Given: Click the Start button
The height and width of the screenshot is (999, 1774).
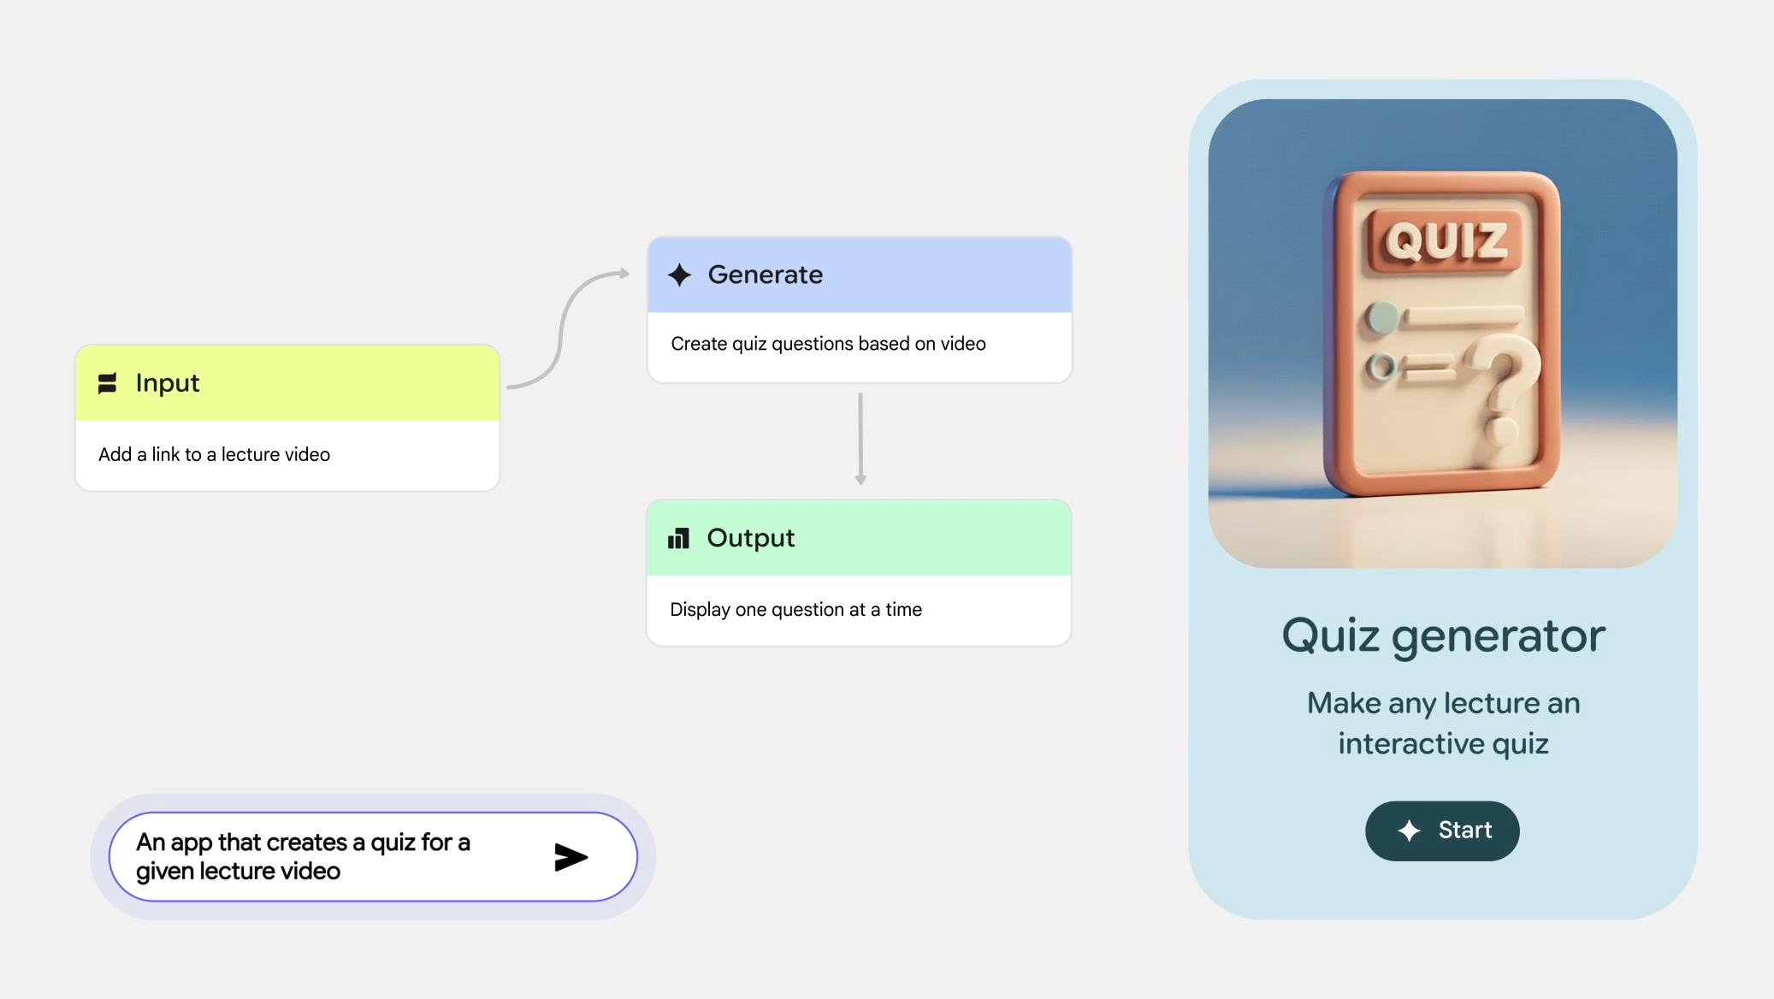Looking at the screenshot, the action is (1442, 831).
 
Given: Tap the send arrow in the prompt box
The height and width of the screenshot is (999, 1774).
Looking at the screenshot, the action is (571, 857).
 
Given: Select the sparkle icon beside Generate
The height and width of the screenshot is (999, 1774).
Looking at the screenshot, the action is (680, 275).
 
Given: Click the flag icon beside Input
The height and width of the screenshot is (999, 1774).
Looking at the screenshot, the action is (107, 383).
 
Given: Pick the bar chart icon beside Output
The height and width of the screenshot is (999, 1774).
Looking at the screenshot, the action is (678, 538).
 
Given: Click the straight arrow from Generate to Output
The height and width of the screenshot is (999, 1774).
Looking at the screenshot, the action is (860, 439).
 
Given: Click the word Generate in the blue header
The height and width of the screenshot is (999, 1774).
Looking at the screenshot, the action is (766, 275).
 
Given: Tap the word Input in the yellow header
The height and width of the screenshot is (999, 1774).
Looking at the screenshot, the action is (168, 383).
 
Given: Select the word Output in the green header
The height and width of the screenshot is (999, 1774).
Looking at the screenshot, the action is (751, 538).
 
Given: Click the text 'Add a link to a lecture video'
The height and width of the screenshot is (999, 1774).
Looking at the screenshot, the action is (215, 454).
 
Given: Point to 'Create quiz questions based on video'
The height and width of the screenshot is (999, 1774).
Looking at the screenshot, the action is (828, 344).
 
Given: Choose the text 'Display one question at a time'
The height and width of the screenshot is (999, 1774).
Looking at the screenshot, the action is (796, 610).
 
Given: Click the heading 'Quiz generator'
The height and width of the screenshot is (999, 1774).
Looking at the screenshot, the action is (1444, 636).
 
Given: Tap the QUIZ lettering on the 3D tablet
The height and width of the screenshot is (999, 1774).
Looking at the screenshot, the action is (1446, 241).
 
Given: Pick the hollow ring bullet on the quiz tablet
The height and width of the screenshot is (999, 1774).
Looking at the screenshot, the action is (1380, 368).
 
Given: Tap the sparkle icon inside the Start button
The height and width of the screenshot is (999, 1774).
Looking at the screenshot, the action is (1409, 831).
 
